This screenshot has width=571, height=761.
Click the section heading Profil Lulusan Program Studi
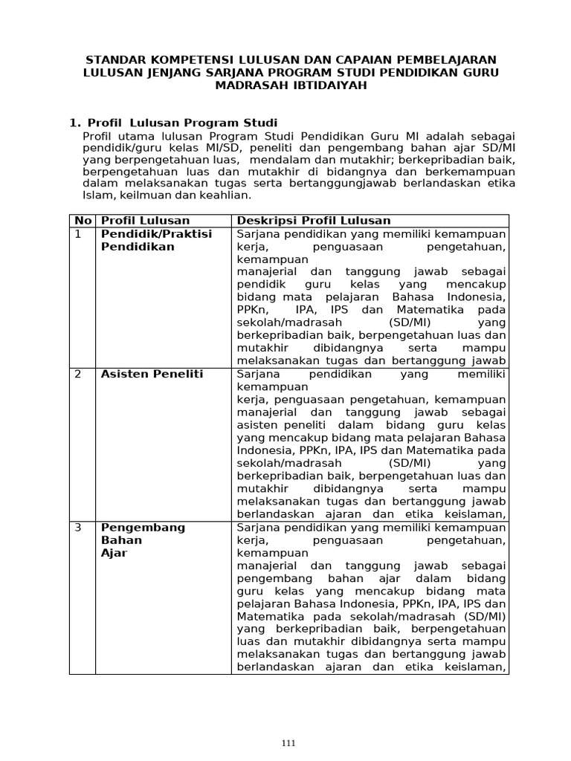click(182, 123)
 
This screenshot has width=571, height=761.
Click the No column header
click(82, 221)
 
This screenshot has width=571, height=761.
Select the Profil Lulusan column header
click(145, 221)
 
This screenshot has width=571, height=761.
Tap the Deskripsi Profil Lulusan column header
click(313, 221)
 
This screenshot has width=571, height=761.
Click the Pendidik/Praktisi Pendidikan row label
click(156, 240)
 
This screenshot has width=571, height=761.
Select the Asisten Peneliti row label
click(152, 374)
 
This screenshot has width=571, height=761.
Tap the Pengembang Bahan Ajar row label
click(143, 540)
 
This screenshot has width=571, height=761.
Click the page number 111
click(289, 742)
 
